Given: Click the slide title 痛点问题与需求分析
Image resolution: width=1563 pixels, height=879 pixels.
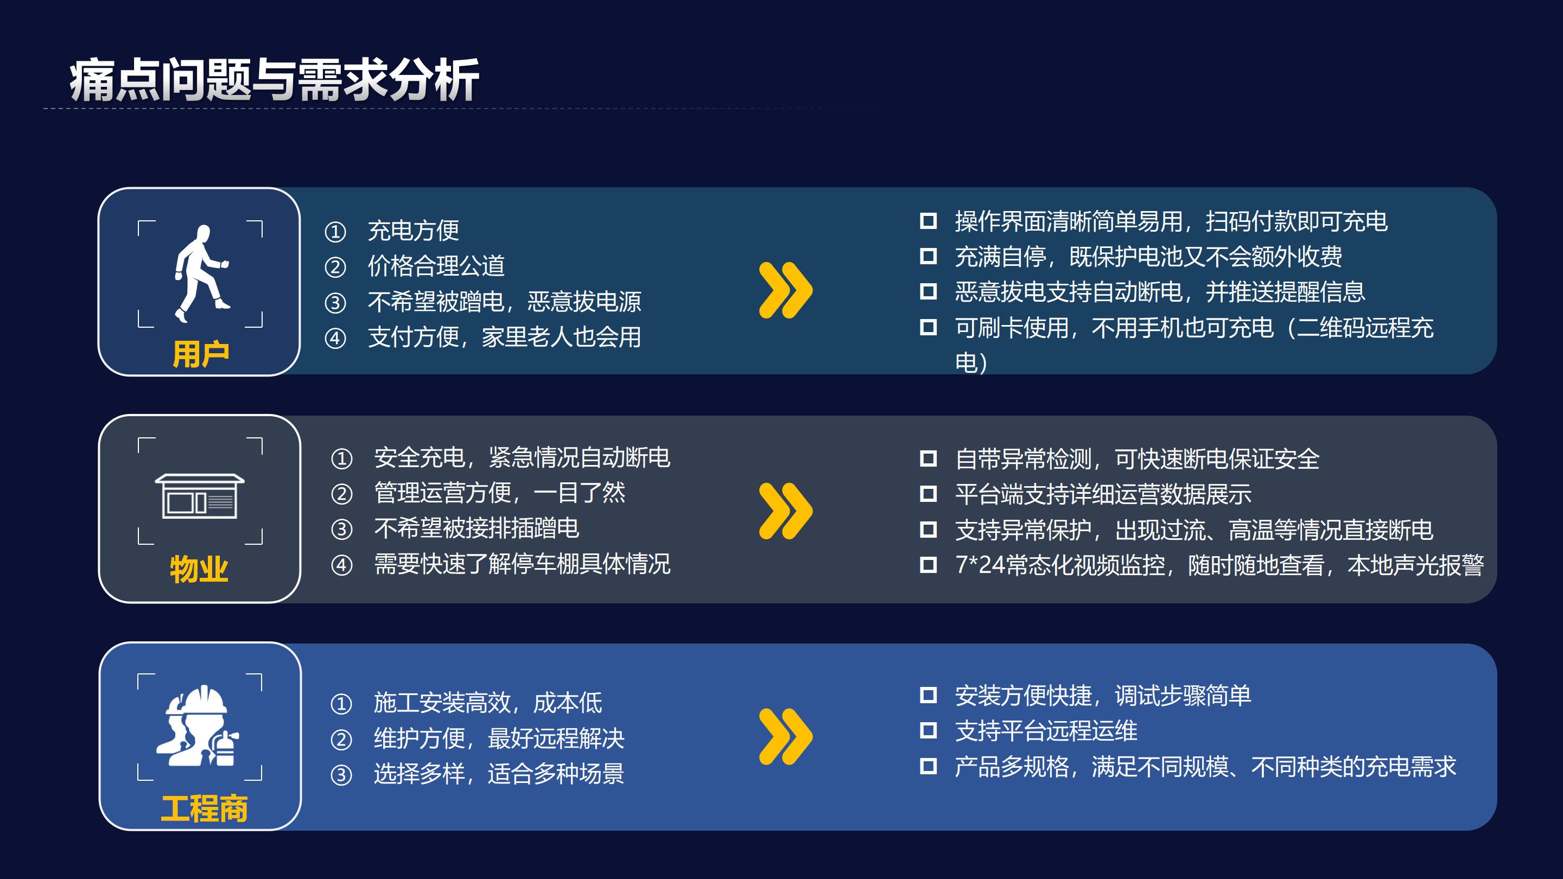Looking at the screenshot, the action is [x=274, y=80].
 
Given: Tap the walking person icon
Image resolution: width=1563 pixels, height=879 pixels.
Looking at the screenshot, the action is [x=201, y=273].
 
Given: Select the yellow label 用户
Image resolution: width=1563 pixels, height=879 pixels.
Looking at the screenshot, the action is [x=200, y=354].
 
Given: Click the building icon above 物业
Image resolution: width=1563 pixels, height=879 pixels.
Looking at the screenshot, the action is [x=200, y=495].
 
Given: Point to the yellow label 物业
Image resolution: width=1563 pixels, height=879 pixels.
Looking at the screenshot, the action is [x=199, y=569].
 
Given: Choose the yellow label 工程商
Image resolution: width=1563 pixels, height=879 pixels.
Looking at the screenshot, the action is [x=204, y=808].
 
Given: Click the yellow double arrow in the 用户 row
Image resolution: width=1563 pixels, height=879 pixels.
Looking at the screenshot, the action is [x=785, y=290].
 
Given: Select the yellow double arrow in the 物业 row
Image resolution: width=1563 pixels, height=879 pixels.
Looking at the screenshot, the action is [x=785, y=511].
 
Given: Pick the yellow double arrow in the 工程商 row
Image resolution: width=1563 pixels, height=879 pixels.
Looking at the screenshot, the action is [x=785, y=736].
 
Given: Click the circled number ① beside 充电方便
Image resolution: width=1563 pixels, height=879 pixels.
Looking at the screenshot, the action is [x=335, y=231].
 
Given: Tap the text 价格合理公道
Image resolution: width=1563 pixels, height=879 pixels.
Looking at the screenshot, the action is [x=436, y=266].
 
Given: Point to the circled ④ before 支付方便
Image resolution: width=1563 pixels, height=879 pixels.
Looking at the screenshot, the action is [x=335, y=338].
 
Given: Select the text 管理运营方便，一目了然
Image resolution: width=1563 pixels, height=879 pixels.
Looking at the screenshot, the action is [x=499, y=493].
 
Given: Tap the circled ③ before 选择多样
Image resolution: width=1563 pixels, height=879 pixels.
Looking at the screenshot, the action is [x=341, y=775].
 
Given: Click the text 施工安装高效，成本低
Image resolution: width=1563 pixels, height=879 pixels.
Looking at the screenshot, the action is [x=488, y=703].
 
